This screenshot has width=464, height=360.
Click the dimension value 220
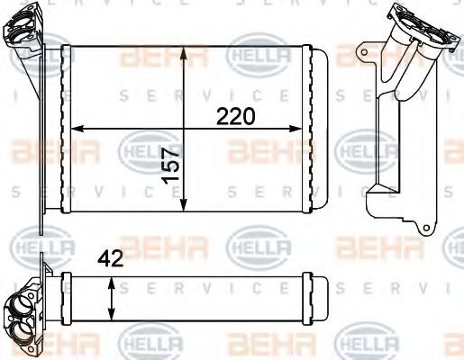(x=235, y=116)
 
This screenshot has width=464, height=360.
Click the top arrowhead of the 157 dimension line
(x=184, y=48)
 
